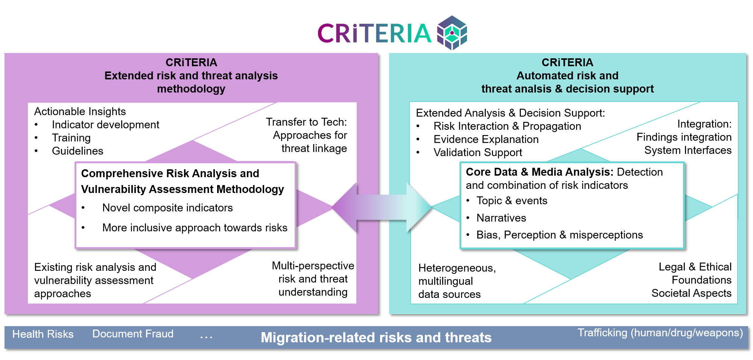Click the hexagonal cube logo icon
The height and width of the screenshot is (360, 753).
(452, 33)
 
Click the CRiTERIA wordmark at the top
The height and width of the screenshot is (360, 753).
(374, 33)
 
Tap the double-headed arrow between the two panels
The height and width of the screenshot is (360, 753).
(382, 207)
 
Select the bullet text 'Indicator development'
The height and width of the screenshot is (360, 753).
(105, 125)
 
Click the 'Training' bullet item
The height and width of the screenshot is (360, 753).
(71, 138)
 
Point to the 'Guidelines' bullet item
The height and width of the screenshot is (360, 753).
(78, 151)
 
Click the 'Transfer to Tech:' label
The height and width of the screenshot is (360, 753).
(306, 122)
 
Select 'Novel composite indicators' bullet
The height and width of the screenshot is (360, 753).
(167, 208)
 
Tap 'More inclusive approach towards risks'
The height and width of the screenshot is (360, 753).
(195, 228)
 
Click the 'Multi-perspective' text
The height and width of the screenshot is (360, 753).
(313, 266)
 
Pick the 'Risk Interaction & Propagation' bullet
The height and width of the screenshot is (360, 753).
(507, 126)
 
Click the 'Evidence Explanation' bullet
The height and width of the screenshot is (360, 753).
(486, 139)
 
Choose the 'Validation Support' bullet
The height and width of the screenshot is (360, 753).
(478, 152)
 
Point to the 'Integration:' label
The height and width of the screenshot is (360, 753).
(704, 124)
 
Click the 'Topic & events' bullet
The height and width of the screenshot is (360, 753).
(512, 201)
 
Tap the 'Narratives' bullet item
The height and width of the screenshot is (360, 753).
(501, 218)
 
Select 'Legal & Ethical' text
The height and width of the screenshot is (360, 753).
(695, 267)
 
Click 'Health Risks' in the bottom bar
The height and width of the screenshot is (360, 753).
(43, 334)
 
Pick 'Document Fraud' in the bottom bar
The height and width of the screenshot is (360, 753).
(133, 334)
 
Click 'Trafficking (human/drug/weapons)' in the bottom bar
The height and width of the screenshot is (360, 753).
(660, 333)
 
